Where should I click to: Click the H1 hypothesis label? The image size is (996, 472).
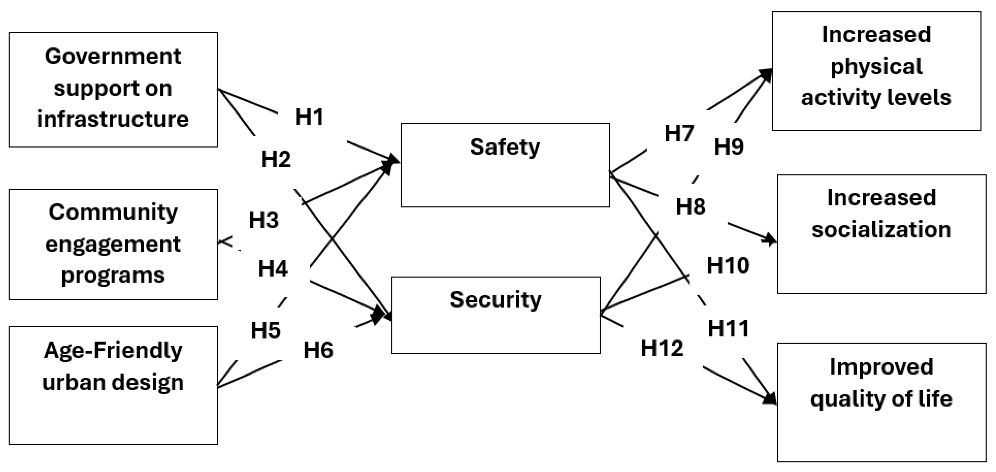point(309,117)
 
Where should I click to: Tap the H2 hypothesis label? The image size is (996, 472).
point(276,159)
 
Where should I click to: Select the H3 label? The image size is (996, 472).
point(264,220)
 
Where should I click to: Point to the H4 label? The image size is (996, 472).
point(273,268)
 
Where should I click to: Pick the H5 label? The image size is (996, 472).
point(266,331)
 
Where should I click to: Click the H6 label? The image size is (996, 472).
point(318,350)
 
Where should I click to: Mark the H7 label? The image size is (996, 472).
point(679,133)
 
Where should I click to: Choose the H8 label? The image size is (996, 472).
point(690,206)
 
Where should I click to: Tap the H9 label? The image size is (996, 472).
point(729,147)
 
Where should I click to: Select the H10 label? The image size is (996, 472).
point(728,266)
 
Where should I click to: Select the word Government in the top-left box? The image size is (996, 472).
point(113,57)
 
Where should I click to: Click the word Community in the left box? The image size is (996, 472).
point(113,212)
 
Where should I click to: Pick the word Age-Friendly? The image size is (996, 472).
point(113,351)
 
